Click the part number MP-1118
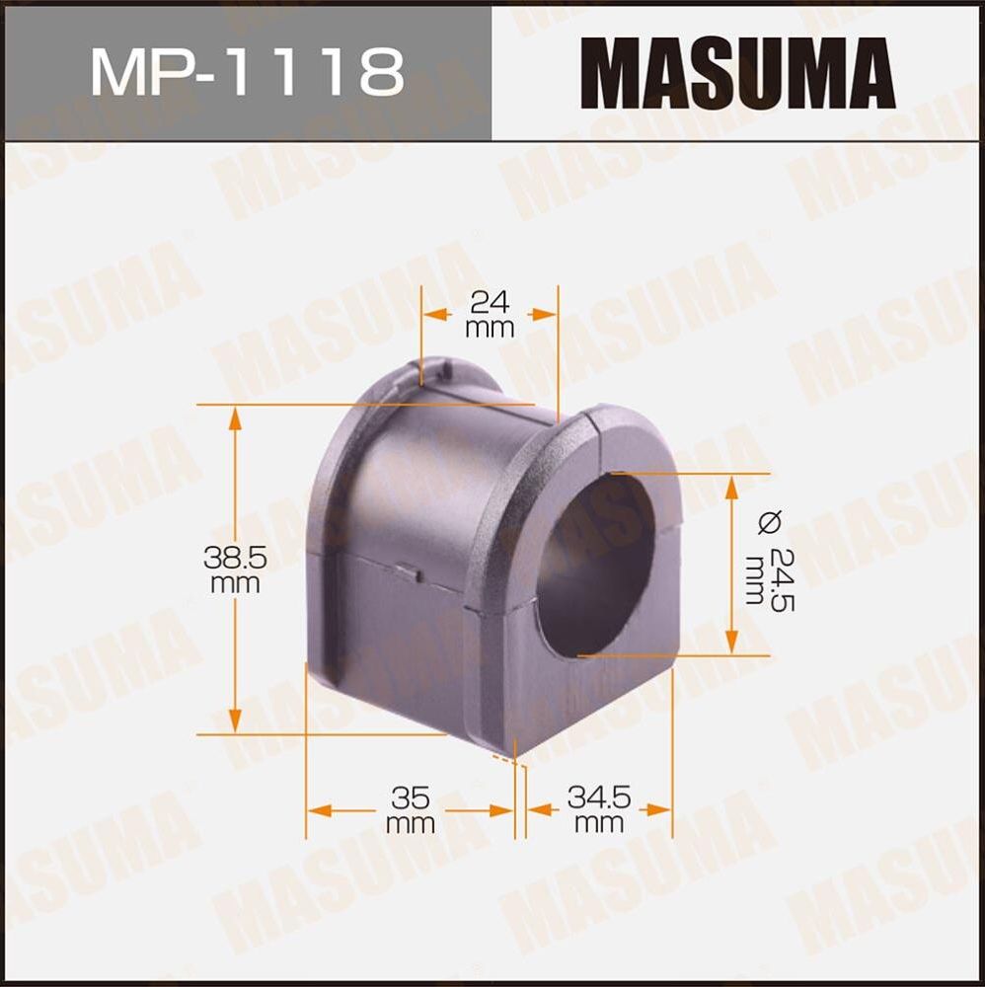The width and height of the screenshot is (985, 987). click(247, 70)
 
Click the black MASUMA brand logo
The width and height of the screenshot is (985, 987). click(737, 71)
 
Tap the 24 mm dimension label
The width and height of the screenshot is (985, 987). click(490, 313)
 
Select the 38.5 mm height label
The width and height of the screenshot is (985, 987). click(235, 569)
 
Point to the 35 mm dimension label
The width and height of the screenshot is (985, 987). click(410, 808)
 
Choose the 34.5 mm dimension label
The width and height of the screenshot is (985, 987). click(599, 807)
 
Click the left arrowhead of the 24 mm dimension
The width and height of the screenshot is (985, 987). click(432, 313)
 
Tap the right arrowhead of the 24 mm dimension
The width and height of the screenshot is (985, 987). click(547, 313)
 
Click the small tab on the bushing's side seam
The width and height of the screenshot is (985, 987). click(407, 569)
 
